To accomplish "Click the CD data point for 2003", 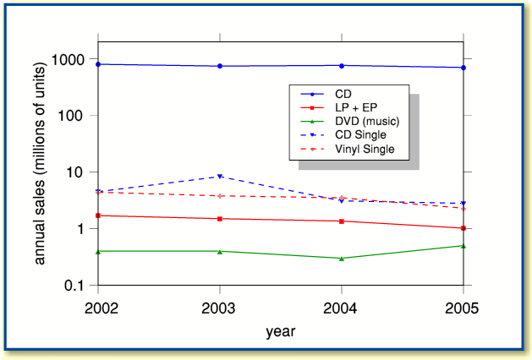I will pyautogui.click(x=220, y=66).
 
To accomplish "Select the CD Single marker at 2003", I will pyautogui.click(x=220, y=177).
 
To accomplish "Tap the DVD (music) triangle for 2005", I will pyautogui.click(x=463, y=246).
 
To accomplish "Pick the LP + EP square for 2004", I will pyautogui.click(x=342, y=221).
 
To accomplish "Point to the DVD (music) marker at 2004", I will pyautogui.click(x=342, y=258).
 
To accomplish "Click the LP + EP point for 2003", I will pyautogui.click(x=220, y=219).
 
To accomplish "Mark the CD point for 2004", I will pyautogui.click(x=342, y=65).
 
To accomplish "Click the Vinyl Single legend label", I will pyautogui.click(x=365, y=150).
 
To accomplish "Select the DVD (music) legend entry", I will pyautogui.click(x=366, y=121).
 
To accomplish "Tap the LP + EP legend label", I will pyautogui.click(x=359, y=107).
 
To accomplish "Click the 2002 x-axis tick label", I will pyautogui.click(x=98, y=305).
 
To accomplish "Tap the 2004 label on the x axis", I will pyautogui.click(x=342, y=305).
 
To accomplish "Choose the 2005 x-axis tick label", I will pyautogui.click(x=463, y=305).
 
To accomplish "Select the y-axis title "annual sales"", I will pyautogui.click(x=40, y=178).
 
